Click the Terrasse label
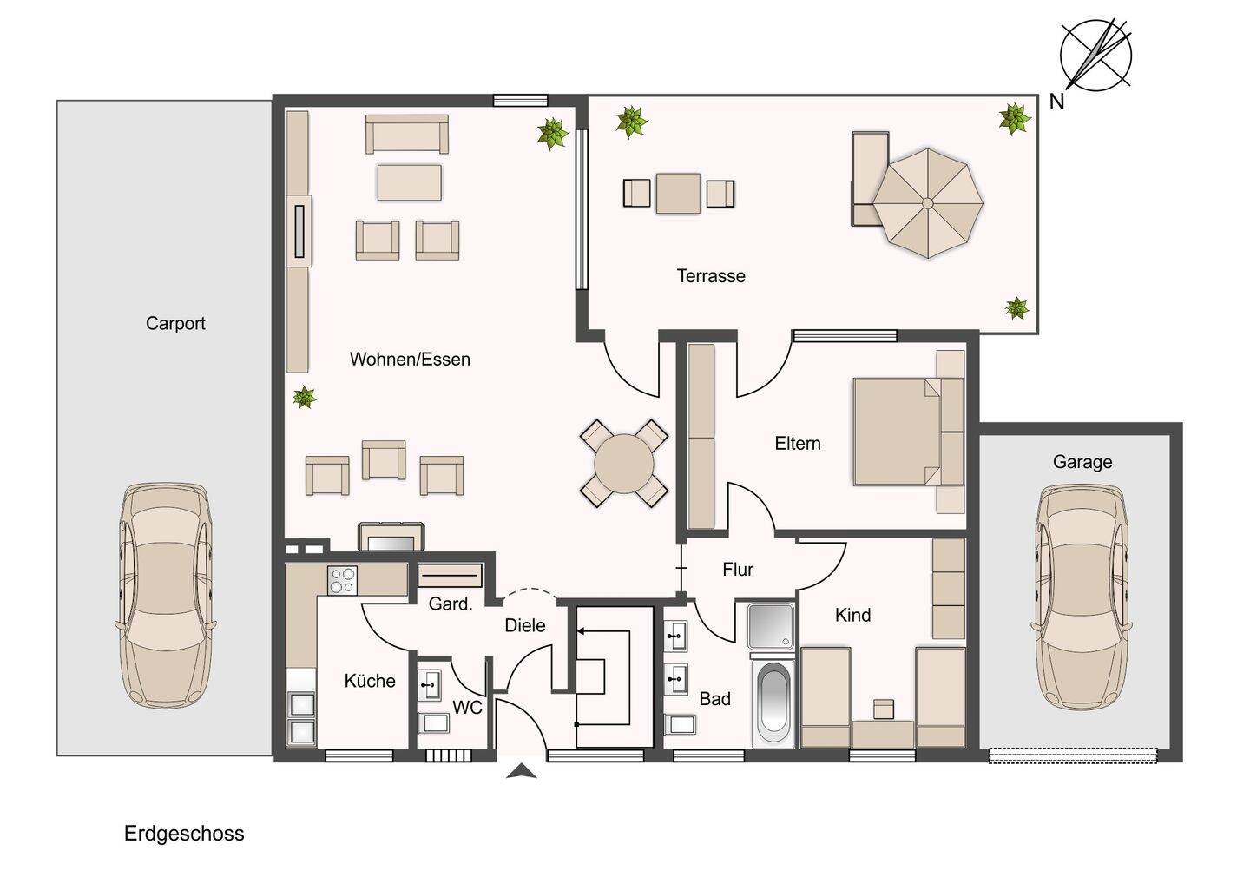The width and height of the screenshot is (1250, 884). [711, 276]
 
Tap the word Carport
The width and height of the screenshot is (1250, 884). [175, 324]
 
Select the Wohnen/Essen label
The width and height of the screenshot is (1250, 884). [410, 359]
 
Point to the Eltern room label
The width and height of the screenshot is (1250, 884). [798, 444]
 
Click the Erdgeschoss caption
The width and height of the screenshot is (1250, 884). [184, 834]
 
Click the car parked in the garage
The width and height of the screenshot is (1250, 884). [1082, 597]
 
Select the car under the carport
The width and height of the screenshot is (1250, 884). [166, 595]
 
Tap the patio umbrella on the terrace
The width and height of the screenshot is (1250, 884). [927, 203]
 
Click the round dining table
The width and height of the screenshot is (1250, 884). [624, 463]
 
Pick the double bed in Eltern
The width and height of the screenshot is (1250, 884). [909, 432]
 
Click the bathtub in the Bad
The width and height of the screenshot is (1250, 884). [773, 703]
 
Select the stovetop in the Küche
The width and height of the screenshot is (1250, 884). [342, 580]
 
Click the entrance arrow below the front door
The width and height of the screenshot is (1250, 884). [521, 771]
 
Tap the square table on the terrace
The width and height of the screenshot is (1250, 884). [678, 193]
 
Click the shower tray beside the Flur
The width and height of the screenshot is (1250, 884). [771, 625]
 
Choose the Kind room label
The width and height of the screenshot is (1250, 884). [852, 615]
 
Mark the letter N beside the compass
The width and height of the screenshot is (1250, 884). [1057, 102]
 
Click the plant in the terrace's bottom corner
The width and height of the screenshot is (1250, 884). [1016, 308]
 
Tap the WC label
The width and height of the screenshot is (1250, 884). [467, 708]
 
